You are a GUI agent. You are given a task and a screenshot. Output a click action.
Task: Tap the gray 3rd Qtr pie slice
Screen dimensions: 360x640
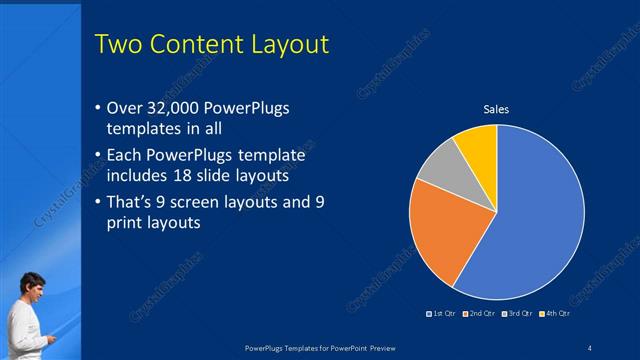tap(438, 172)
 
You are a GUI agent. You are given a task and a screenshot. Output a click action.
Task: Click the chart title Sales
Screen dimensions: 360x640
tap(497, 109)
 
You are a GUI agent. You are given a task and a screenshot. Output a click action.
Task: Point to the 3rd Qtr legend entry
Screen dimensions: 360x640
tap(516, 314)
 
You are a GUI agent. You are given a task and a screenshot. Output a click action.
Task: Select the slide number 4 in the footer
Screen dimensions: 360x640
tap(589, 347)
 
